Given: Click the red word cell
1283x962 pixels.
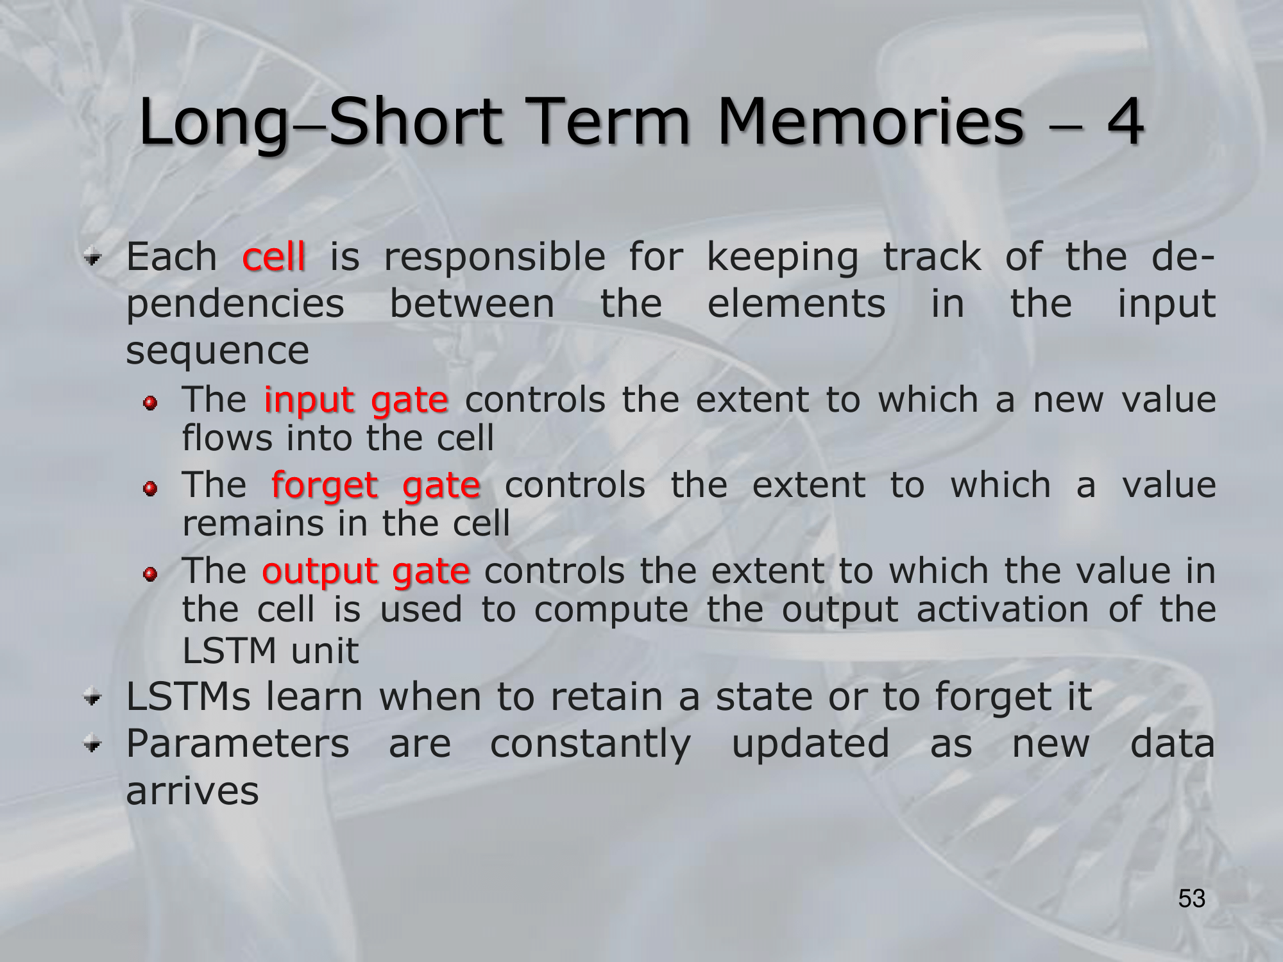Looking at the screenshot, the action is [273, 257].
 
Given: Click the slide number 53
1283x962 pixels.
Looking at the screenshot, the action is [1192, 899].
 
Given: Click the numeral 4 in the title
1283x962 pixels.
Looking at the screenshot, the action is [1125, 121].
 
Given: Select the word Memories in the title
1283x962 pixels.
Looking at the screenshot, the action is [870, 121].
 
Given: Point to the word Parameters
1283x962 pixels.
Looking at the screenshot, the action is [237, 744].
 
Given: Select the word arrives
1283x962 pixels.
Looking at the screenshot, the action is [192, 791].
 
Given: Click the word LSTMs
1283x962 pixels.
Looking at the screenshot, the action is [189, 696].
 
